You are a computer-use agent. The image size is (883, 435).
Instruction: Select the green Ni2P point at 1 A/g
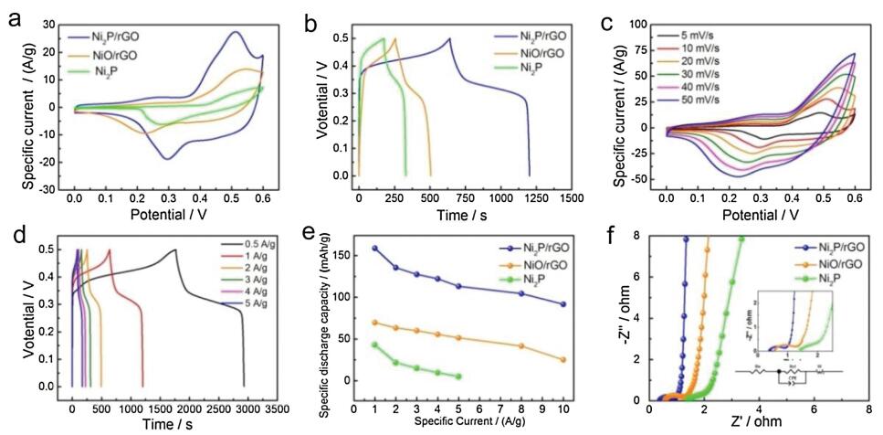(374, 345)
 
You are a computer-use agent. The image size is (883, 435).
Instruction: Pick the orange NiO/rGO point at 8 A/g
(521, 346)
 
